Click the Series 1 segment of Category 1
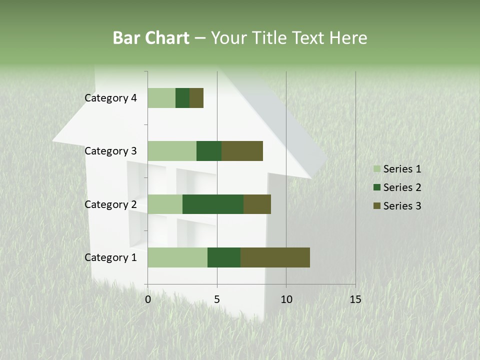point(177,257)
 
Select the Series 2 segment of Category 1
point(224,257)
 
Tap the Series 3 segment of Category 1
point(275,257)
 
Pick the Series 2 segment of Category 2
point(213,204)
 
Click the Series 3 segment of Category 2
point(257,204)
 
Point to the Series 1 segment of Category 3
point(172,151)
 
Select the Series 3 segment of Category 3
point(242,151)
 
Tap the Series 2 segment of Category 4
point(182,98)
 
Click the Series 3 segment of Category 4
point(196,98)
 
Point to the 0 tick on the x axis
point(148,299)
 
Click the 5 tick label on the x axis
point(217,299)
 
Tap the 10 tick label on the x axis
point(286,299)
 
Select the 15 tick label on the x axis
point(355,299)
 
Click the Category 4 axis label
point(110,98)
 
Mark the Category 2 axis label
point(110,204)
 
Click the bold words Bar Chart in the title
point(151,38)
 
